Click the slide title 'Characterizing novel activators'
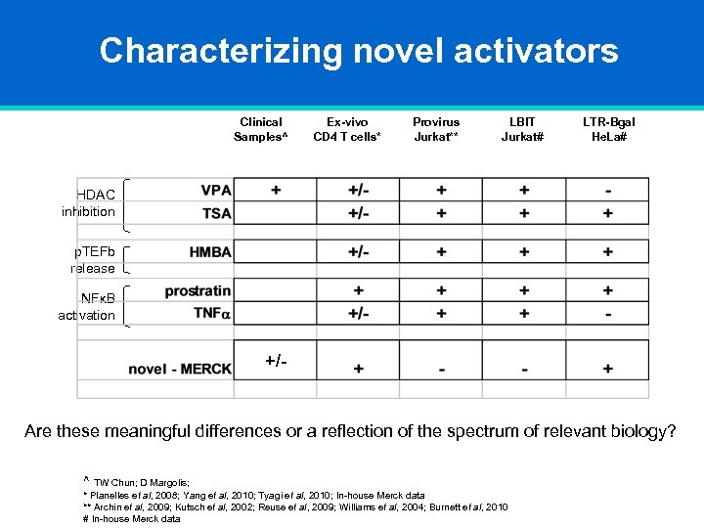[x=358, y=51]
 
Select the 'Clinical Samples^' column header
[x=261, y=129]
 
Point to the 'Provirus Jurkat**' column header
[x=436, y=129]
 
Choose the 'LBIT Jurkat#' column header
[x=523, y=129]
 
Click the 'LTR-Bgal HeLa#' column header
[x=608, y=129]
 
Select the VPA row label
[x=216, y=191]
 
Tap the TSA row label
[x=216, y=213]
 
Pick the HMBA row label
[x=210, y=252]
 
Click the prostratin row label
[x=198, y=291]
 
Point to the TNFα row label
[x=212, y=313]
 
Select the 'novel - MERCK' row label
[x=180, y=369]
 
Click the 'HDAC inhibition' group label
[x=89, y=203]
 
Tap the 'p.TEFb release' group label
[x=93, y=260]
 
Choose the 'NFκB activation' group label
[x=87, y=307]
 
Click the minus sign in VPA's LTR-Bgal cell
[x=608, y=191]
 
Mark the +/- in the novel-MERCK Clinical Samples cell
[x=276, y=362]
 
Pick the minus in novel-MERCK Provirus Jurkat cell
[x=442, y=370]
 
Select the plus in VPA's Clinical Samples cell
[x=275, y=190]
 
